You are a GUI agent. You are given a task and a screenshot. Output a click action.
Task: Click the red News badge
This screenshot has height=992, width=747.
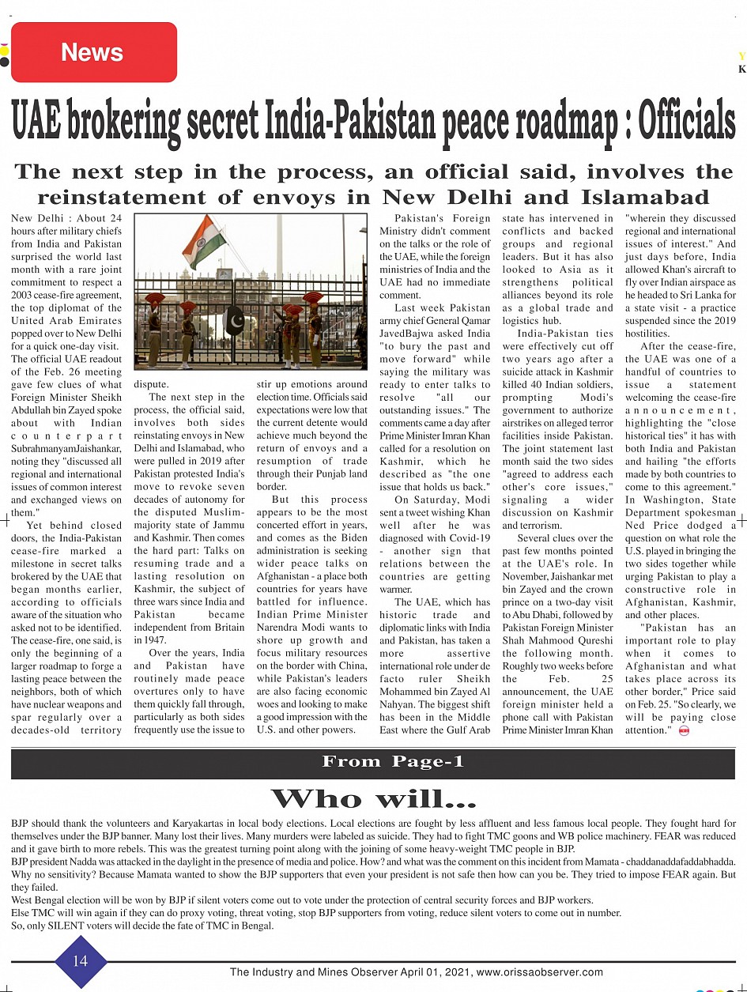pyautogui.click(x=93, y=52)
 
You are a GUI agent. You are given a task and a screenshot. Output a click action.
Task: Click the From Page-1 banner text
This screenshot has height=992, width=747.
pyautogui.click(x=393, y=762)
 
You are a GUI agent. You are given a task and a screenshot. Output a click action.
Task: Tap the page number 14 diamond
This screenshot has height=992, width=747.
pyautogui.click(x=81, y=961)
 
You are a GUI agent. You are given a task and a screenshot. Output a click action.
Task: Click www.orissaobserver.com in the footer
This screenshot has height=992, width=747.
pyautogui.click(x=539, y=972)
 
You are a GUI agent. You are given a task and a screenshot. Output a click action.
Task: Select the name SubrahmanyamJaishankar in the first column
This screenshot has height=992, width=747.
pyautogui.click(x=66, y=449)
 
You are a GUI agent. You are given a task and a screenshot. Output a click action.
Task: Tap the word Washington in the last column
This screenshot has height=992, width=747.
pyautogui.click(x=673, y=500)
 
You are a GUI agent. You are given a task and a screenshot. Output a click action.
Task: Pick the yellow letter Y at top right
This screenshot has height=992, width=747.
pyautogui.click(x=741, y=56)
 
